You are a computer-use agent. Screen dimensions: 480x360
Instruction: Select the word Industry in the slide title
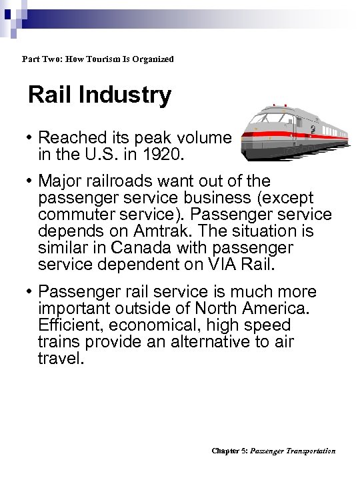(x=127, y=95)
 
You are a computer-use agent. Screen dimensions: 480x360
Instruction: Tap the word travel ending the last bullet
(x=61, y=359)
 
